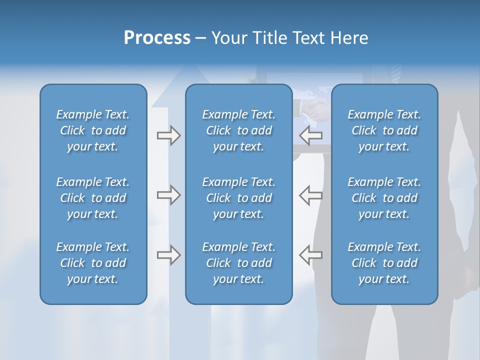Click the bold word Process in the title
click(x=157, y=38)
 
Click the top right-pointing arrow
click(x=169, y=135)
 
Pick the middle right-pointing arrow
click(x=169, y=195)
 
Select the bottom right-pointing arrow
click(x=169, y=255)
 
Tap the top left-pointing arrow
click(x=310, y=135)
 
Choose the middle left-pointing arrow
click(x=310, y=195)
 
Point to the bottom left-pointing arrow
click(x=310, y=255)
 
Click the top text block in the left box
click(x=93, y=130)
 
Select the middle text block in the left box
click(x=93, y=198)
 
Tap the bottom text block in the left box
click(x=93, y=263)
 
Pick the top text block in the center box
click(x=239, y=130)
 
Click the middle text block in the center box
click(x=239, y=198)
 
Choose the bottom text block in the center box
click(x=239, y=263)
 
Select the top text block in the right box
click(x=384, y=130)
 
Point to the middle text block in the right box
click(x=384, y=198)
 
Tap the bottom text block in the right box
click(x=384, y=263)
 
